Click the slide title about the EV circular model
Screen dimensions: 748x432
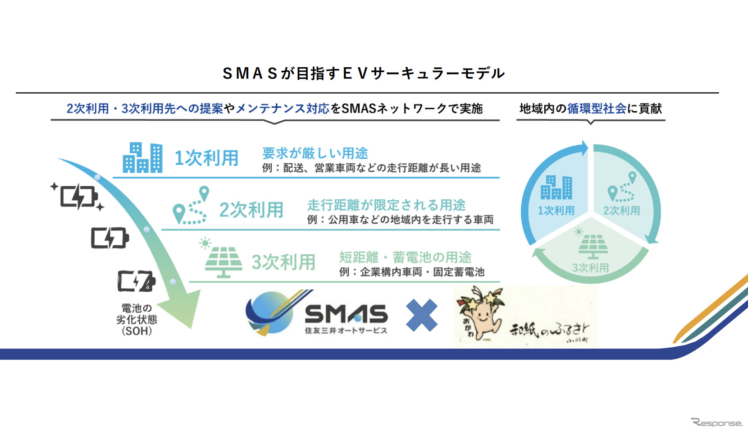click(363, 73)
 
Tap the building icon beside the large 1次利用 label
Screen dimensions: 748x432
click(142, 157)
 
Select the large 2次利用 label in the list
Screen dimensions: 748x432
click(251, 210)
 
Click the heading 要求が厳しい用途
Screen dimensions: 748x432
click(315, 153)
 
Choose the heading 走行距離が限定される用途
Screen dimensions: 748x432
click(386, 205)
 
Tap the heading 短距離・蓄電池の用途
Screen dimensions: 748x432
click(405, 257)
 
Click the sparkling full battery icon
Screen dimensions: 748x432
click(78, 197)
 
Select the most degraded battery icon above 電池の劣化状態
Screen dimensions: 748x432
click(137, 281)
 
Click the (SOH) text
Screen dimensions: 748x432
click(137, 331)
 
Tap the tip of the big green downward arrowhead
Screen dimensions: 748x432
click(192, 328)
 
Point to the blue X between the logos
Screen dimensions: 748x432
click(421, 315)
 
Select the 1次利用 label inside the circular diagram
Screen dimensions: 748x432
click(556, 211)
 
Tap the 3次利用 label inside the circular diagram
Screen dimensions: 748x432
click(590, 267)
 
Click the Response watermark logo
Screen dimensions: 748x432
click(716, 423)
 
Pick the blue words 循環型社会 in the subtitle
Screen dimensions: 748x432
click(597, 108)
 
